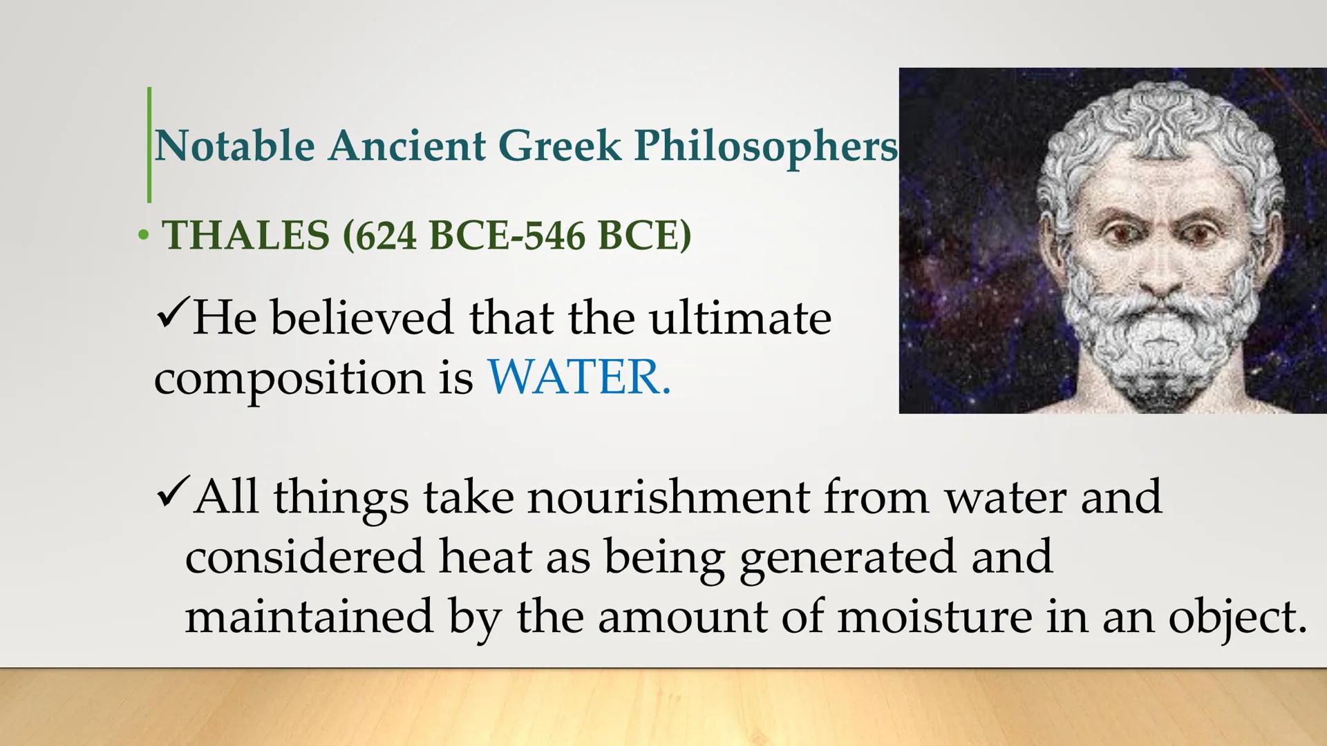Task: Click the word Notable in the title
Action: pos(234,146)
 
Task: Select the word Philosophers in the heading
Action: pos(765,146)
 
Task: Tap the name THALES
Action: pos(246,235)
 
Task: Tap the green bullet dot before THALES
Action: pos(143,236)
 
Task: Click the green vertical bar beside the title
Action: pos(149,145)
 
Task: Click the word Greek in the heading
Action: pos(559,146)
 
